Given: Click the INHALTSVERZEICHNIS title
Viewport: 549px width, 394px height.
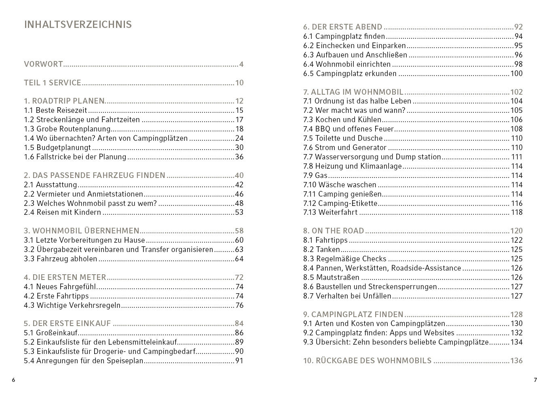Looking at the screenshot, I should click(x=78, y=24).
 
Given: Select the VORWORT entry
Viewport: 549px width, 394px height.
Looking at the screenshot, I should click(x=43, y=64).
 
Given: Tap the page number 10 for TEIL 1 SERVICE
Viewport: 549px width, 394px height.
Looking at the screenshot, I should click(x=239, y=83).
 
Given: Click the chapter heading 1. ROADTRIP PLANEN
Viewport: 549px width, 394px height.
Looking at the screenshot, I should click(x=64, y=101).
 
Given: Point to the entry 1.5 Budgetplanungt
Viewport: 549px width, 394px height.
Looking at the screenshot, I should click(x=57, y=148).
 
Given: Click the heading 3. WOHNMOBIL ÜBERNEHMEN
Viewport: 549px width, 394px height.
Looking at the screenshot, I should click(x=81, y=231).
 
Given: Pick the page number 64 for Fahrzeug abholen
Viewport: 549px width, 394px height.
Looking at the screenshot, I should click(x=239, y=259).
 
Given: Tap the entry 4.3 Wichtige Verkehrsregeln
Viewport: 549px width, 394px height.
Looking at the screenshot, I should click(x=72, y=305).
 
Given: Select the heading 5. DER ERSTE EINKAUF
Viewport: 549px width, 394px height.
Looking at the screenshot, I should click(x=67, y=323).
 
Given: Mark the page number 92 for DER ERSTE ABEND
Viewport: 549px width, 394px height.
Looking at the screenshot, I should click(x=518, y=27).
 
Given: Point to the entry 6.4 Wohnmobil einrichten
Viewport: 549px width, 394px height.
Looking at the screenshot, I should click(x=347, y=64).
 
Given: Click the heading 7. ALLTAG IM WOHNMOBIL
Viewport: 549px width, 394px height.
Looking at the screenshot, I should click(x=353, y=92).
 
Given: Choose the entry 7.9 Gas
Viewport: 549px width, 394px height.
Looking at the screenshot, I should click(x=315, y=175).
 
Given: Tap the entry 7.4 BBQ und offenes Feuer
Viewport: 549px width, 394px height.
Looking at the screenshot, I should click(x=348, y=129).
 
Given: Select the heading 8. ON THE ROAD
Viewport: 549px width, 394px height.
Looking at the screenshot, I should click(x=334, y=231).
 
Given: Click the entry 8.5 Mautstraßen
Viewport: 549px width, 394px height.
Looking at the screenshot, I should click(x=331, y=277).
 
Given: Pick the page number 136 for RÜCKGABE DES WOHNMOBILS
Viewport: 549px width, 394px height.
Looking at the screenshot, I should click(x=516, y=360).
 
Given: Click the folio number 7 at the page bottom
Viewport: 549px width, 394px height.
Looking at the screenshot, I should click(x=535, y=380).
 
